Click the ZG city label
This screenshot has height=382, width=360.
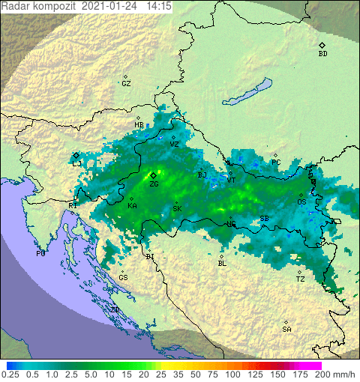coord(153,184)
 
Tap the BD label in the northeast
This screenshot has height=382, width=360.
coord(322,54)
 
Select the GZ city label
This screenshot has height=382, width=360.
coord(126,84)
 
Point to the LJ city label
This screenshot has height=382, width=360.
coord(76,163)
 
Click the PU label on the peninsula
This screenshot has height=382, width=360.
coord(41,254)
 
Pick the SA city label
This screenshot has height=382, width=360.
coord(286,330)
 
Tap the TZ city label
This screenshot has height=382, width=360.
coord(300,279)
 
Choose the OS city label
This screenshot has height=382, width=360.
coord(301,202)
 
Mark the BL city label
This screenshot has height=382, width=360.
coord(221,264)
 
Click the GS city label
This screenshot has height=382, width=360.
coord(123,278)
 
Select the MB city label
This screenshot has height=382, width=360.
coord(139,125)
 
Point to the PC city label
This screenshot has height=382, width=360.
coord(276,163)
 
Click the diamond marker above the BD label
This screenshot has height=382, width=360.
coord(322,45)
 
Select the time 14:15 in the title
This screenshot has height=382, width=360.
coord(158,5)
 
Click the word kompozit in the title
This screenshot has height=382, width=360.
coord(52,5)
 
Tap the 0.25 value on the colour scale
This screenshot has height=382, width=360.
coord(11,374)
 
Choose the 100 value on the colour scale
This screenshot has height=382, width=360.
coord(232,374)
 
